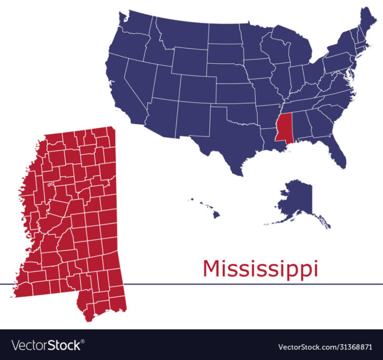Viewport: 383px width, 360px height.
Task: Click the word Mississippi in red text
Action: coord(260,268)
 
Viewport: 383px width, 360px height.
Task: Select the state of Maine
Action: coord(368,24)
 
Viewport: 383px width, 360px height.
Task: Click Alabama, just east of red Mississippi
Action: coord(300,126)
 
